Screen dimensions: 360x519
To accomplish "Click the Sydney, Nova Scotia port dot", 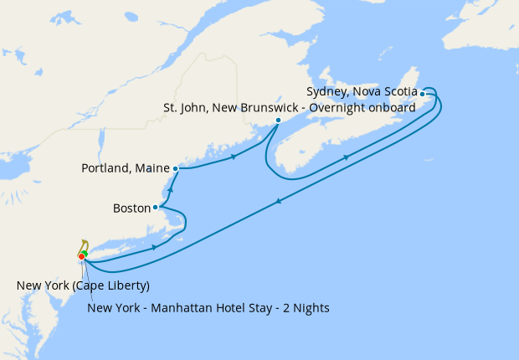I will pos(423,94).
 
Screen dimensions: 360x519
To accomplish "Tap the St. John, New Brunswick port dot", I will pos(278,120).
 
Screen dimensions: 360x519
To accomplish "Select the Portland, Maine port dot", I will pos(176,168).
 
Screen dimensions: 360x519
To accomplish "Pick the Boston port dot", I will pos(156,207).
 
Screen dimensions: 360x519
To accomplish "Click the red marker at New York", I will pos(81,256).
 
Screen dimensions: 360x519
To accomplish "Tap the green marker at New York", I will pos(85,253).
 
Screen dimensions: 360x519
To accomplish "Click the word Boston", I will pos(131,207).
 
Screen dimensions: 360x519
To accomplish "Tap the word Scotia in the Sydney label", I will pos(399,91).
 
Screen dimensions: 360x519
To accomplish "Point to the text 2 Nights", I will pos(305,307).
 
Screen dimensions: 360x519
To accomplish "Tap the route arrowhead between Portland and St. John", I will pos(234,157).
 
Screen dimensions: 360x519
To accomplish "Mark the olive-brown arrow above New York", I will pos(85,244).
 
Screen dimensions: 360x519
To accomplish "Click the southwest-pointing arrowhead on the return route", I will pos(277,200).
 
